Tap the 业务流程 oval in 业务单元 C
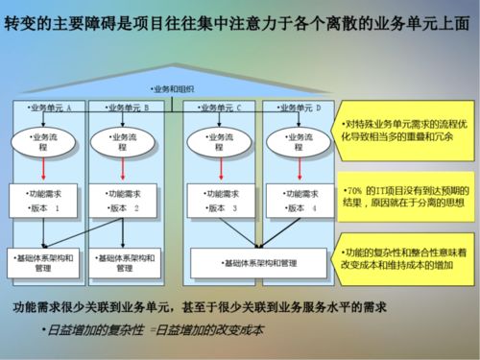220,142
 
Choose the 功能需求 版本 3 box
220,200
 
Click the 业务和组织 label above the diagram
173,89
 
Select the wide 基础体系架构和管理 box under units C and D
256,260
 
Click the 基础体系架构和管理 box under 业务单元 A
48,262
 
